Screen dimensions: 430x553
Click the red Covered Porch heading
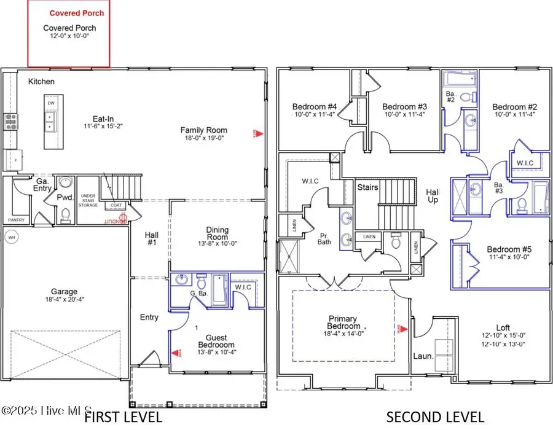coord(77,12)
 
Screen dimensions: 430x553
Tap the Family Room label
coord(203,130)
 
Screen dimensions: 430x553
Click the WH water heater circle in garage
coord(11,237)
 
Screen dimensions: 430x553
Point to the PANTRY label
coord(15,219)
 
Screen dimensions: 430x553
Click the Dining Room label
coord(217,234)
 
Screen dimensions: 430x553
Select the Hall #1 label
coord(151,239)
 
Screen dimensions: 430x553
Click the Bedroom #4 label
coord(313,106)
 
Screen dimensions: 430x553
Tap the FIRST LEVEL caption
coord(123,417)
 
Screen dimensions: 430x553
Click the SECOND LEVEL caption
coord(434,417)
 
